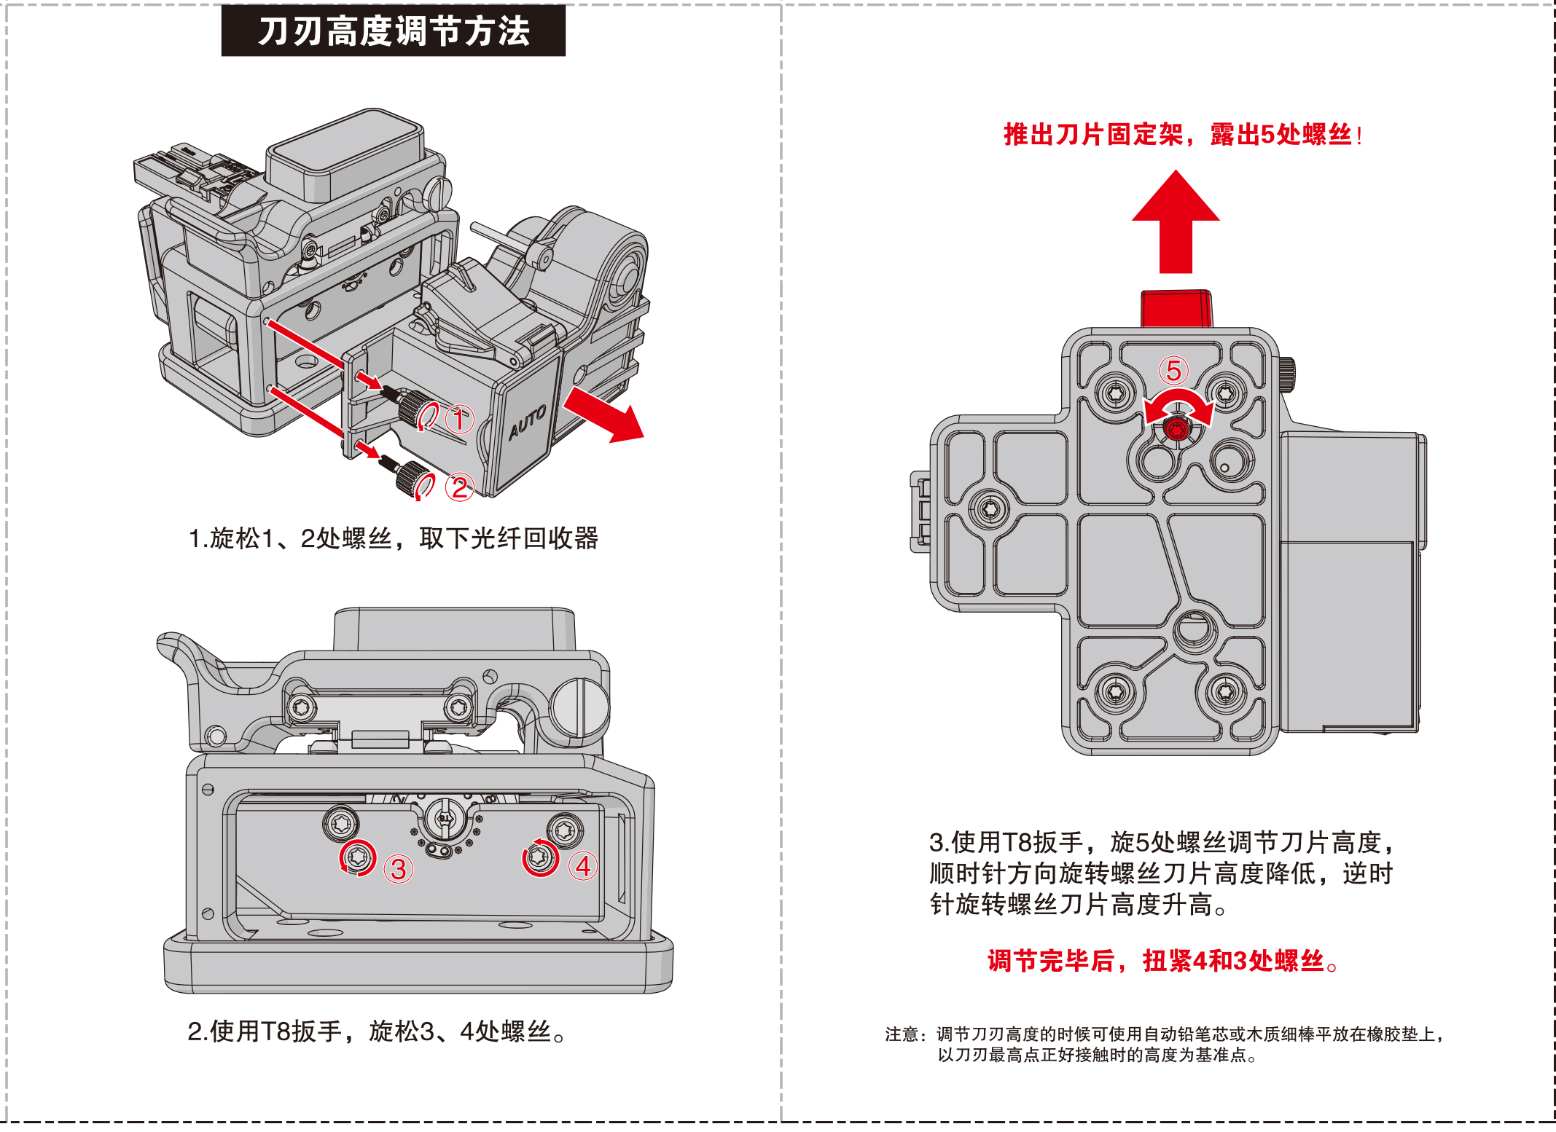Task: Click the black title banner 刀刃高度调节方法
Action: (x=394, y=31)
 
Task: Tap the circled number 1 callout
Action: (x=459, y=420)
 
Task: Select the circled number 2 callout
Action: (x=460, y=487)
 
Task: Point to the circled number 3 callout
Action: (x=399, y=869)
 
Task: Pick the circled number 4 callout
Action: (x=583, y=866)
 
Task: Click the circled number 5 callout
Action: (x=1173, y=371)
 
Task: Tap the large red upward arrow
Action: (x=1176, y=222)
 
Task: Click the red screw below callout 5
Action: (x=1176, y=430)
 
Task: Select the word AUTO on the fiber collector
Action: (x=527, y=422)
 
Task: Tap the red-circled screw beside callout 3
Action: (x=358, y=857)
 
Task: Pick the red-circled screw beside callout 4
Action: (x=540, y=857)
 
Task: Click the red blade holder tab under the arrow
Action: (x=1176, y=309)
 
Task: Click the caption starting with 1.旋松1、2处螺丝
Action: (x=394, y=538)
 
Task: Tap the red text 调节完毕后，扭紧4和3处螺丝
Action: (x=1162, y=961)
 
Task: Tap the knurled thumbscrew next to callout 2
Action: (x=412, y=478)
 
